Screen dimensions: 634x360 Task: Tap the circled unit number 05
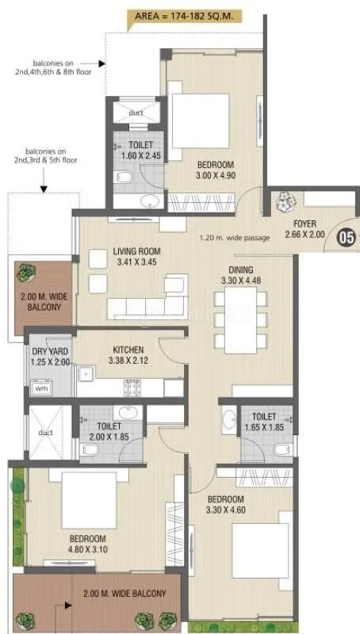pyautogui.click(x=346, y=235)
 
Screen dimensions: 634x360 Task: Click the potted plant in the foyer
pyautogui.click(x=282, y=204)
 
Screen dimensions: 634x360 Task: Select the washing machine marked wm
pyautogui.click(x=40, y=388)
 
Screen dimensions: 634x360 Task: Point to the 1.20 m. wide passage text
pyautogui.click(x=236, y=237)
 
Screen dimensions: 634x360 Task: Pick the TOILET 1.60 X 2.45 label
pyautogui.click(x=140, y=151)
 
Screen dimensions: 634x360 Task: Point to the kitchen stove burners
pyautogui.click(x=132, y=388)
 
